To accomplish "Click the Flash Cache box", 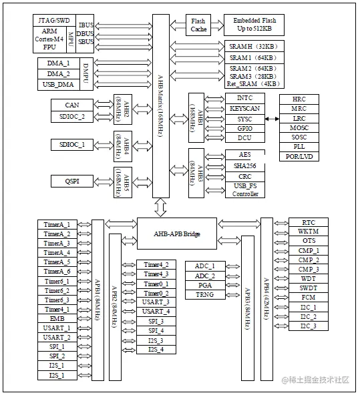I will coord(198,25).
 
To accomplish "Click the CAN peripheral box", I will coord(73,105).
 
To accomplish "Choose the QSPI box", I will coord(73,181).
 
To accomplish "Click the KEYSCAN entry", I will coord(244,108).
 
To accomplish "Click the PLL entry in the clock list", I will coord(299,145).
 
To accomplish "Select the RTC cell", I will coord(309,222).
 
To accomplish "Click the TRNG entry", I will coord(204,294).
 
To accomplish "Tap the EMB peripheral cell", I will coord(57,319).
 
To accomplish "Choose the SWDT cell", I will coord(309,288).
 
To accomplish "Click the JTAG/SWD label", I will coord(54,21).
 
